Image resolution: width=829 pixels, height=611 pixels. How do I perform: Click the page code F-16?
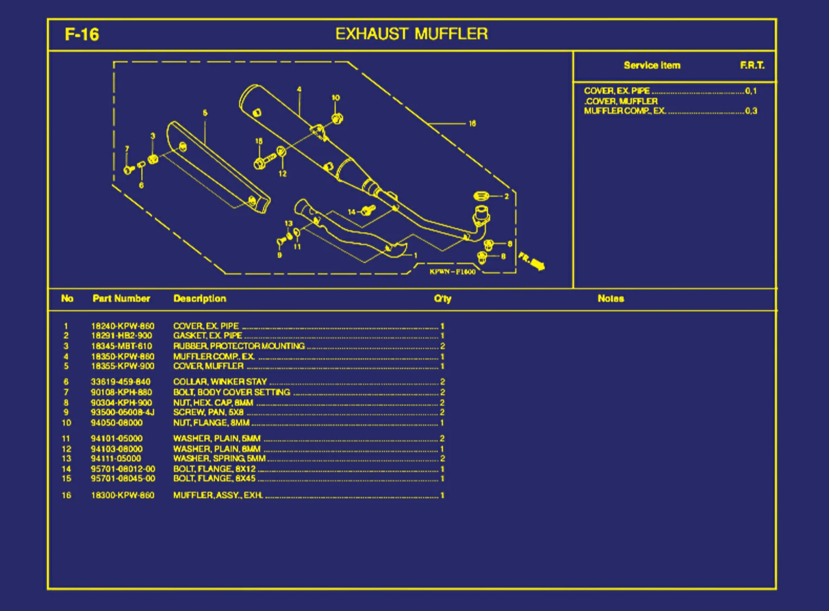[82, 35]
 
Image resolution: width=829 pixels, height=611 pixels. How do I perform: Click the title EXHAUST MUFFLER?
[411, 34]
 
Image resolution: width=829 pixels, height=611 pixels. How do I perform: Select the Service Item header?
[652, 66]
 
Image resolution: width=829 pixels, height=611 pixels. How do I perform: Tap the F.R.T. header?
[752, 66]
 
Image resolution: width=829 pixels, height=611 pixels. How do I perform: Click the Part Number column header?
[121, 299]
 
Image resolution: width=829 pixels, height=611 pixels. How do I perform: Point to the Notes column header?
[610, 299]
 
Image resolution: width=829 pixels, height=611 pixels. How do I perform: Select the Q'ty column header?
[442, 299]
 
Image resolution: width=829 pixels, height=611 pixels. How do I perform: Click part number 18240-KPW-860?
[123, 326]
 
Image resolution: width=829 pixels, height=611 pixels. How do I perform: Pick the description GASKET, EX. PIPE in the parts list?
[208, 336]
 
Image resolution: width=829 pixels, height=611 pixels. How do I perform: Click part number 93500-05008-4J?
[123, 413]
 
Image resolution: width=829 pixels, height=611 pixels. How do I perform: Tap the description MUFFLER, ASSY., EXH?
[218, 496]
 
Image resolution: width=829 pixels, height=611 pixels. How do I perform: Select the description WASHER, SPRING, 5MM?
[219, 459]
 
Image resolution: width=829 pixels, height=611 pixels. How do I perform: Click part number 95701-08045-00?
[123, 479]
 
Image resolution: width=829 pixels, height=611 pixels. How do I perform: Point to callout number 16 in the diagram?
[472, 124]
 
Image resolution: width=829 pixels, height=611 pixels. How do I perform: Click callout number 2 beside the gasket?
[506, 196]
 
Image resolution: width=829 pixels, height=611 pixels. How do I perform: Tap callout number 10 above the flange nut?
[336, 98]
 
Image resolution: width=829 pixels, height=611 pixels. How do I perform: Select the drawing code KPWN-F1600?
[452, 272]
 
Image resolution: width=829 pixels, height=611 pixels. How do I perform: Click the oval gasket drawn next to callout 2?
[481, 196]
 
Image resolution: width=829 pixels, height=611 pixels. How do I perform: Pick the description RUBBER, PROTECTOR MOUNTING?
[239, 346]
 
